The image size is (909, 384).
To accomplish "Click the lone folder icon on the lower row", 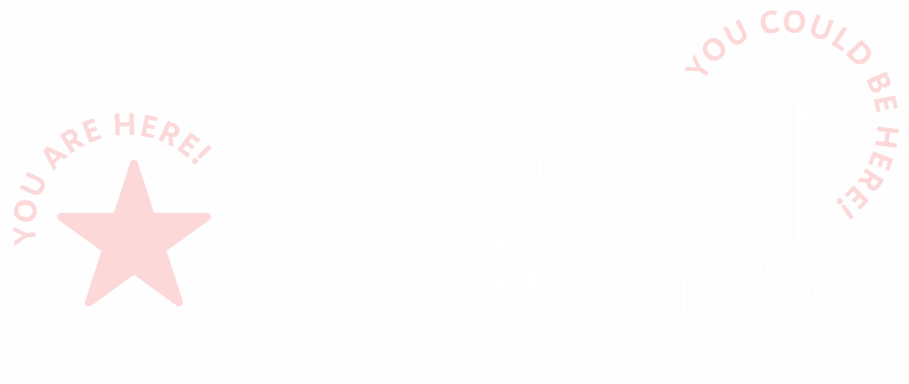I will point(557,167).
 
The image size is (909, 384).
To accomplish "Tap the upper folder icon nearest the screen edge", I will point(557,133).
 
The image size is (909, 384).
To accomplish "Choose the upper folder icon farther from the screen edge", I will point(601,132).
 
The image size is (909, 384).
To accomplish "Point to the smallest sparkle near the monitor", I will point(530,298).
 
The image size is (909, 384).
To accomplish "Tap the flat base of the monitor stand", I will point(655,329).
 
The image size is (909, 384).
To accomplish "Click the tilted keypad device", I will point(783,303).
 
